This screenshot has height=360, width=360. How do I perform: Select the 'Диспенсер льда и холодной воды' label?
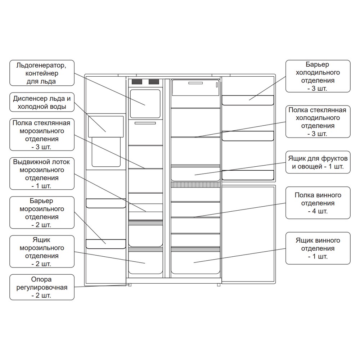click(x=42, y=102)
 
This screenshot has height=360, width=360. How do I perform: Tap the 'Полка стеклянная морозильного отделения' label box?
click(x=42, y=135)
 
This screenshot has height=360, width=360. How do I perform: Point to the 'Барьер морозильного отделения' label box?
click(x=42, y=212)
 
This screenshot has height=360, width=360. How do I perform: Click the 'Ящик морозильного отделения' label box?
click(x=42, y=252)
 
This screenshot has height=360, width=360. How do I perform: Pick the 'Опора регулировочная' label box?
click(x=42, y=287)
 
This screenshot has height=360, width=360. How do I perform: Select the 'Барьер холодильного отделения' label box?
click(x=318, y=76)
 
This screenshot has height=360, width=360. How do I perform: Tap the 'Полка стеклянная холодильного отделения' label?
click(x=318, y=122)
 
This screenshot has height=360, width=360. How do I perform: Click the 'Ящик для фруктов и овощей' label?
click(x=318, y=162)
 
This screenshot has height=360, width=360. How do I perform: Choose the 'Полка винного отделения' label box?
click(x=318, y=203)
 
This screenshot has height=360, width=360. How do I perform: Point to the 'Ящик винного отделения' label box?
click(x=318, y=248)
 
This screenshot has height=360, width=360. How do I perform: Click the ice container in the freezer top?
click(x=145, y=104)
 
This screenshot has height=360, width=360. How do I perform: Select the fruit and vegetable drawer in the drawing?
click(x=195, y=174)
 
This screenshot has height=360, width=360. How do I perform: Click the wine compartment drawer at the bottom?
click(x=195, y=262)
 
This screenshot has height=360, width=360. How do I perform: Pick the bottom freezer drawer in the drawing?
click(x=145, y=262)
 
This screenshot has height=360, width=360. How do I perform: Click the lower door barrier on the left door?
click(x=106, y=244)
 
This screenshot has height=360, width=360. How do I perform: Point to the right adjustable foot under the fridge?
click(x=219, y=285)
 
